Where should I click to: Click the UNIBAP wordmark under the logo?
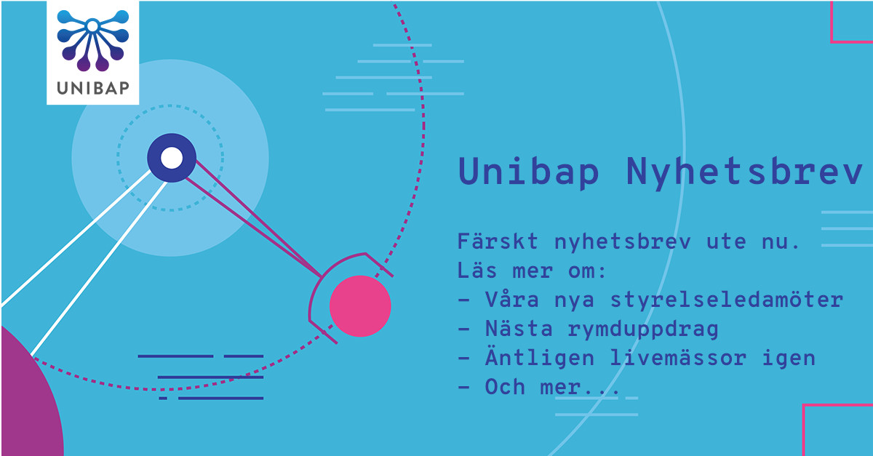click(93, 88)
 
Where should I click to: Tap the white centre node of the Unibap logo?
click(92, 26)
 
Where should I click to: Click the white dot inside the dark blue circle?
click(172, 158)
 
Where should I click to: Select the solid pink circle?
click(360, 306)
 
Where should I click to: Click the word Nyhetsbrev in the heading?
click(744, 172)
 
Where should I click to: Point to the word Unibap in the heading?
click(528, 172)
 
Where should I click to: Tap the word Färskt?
click(498, 241)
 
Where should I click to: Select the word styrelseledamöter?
click(727, 300)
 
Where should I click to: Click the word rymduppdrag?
click(642, 329)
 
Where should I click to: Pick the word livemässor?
click(678, 358)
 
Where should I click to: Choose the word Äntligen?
click(540, 357)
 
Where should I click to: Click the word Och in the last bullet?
click(505, 387)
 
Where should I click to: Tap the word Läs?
click(477, 270)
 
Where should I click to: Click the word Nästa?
click(519, 328)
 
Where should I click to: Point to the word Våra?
click(512, 299)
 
